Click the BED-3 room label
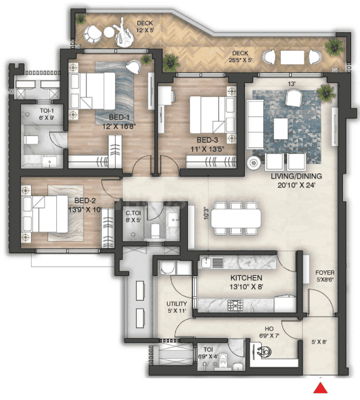tap(207, 140)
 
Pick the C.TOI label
tap(133, 214)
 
